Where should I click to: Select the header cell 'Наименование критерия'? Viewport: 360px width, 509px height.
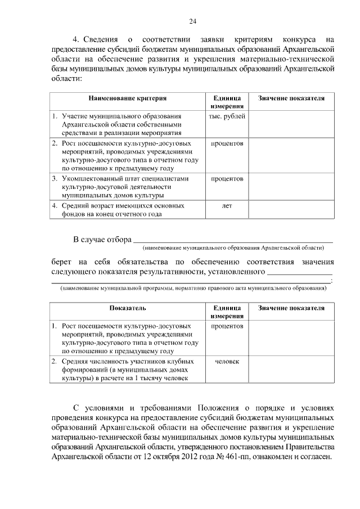127,98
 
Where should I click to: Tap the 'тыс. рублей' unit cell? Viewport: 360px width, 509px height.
227,116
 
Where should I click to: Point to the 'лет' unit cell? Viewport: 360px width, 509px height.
227,206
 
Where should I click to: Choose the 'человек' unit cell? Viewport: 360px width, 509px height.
227,361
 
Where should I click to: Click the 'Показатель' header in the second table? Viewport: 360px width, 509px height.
127,309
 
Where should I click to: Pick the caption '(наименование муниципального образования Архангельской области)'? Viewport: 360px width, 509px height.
233,247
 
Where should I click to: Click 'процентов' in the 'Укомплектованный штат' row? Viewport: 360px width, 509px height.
227,179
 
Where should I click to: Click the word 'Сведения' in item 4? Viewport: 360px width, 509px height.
101,40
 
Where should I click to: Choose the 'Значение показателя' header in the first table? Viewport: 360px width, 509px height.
291,98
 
